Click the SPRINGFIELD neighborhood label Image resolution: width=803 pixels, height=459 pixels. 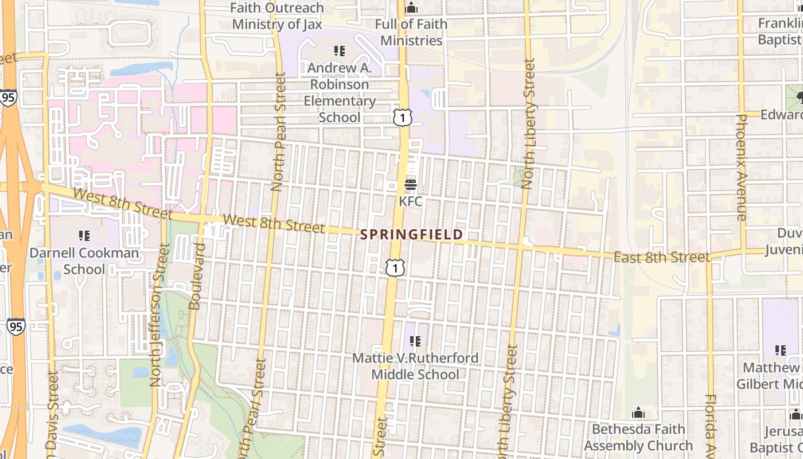tap(411, 235)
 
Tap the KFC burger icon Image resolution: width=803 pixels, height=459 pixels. tap(411, 185)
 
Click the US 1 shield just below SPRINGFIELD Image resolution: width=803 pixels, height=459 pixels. tap(395, 268)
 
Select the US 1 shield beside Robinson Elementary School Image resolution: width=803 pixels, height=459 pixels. tap(403, 117)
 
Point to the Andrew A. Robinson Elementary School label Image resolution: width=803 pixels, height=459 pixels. tap(340, 92)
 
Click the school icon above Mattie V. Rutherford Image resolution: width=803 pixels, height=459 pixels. tap(415, 342)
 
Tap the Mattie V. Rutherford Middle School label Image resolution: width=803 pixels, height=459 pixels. tap(415, 366)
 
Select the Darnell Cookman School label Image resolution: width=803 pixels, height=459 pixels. tap(84, 261)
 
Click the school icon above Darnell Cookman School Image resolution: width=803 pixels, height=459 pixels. tap(84, 235)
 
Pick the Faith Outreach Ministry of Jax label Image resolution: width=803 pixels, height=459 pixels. tap(277, 16)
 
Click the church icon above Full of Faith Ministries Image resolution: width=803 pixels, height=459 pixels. tap(411, 8)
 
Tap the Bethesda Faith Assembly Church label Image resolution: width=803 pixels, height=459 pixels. tap(638, 437)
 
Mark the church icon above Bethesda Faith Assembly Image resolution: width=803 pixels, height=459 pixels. tap(638, 413)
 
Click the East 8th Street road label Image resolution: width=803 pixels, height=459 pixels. tap(661, 257)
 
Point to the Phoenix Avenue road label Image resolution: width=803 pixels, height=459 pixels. tap(741, 168)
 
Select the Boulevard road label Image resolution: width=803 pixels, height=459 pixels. tap(197, 277)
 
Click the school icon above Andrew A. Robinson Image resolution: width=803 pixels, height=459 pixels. tap(340, 51)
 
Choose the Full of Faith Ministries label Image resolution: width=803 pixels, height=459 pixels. tap(411, 32)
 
